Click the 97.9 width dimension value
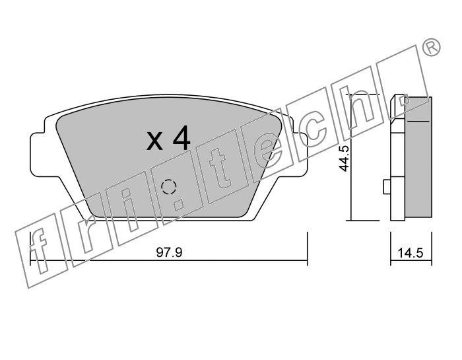[169, 252]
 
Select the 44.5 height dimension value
[344, 159]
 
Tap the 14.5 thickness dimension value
[411, 253]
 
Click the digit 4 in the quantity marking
[181, 138]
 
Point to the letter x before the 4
[154, 141]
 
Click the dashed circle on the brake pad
[169, 187]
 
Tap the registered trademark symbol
[432, 48]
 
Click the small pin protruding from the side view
[387, 187]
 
